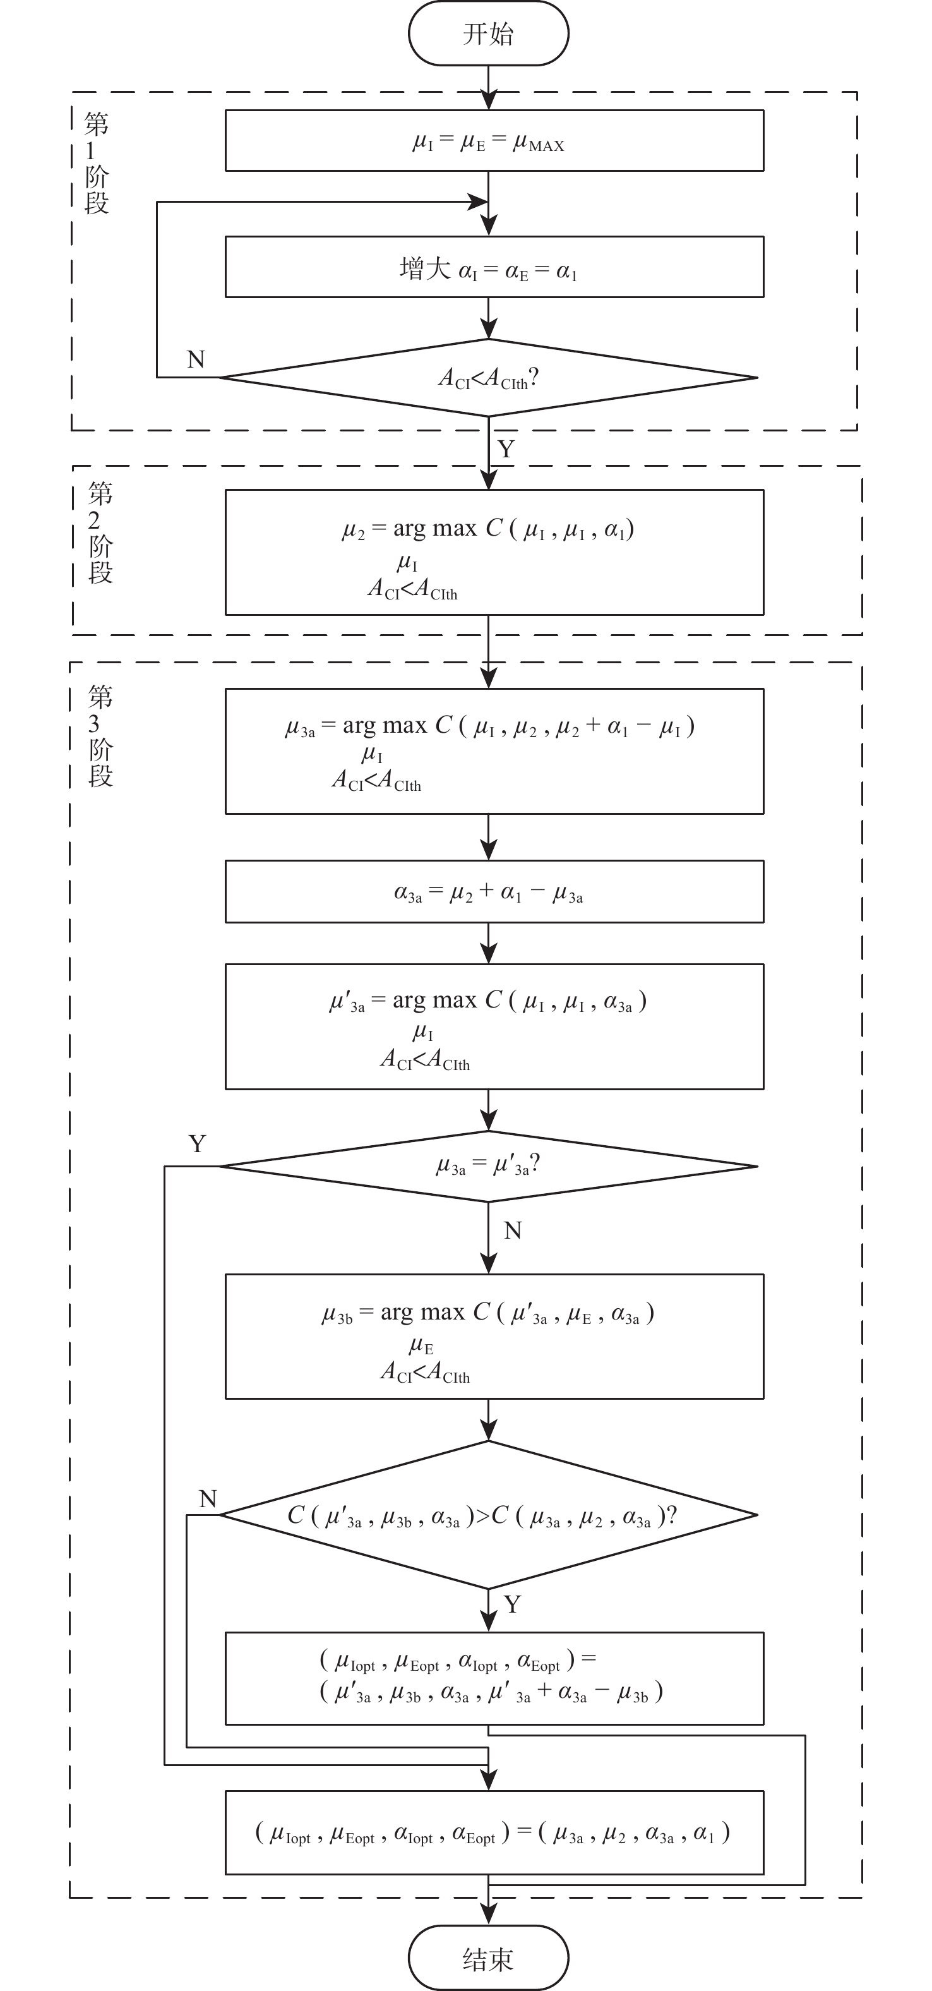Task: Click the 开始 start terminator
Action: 488,33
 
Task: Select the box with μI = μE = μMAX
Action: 494,141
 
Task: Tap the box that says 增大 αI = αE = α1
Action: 494,267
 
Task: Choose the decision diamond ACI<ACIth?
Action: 488,378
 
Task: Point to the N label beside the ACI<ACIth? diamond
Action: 196,359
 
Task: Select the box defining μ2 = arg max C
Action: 494,553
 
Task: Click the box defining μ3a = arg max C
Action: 494,751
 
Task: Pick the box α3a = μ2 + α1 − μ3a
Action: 494,892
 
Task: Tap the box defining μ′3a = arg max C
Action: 494,1026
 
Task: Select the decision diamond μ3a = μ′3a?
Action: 488,1166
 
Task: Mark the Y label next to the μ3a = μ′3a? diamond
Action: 197,1144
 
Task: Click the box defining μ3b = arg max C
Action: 494,1337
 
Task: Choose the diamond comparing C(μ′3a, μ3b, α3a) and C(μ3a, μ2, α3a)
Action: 488,1515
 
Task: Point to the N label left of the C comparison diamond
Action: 208,1500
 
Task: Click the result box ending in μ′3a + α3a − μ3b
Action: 494,1679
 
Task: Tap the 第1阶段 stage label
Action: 97,163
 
